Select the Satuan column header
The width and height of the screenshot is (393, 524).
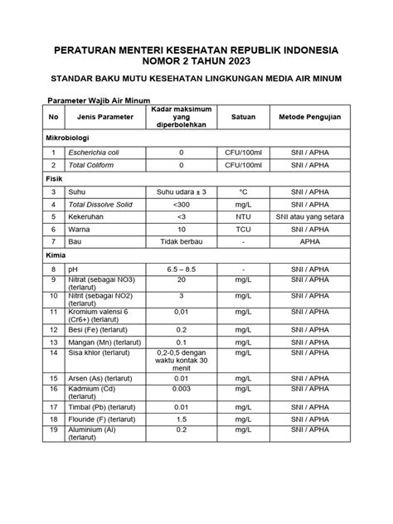pyautogui.click(x=244, y=117)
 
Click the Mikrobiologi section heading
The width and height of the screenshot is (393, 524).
pyautogui.click(x=69, y=137)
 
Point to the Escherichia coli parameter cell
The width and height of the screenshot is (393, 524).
pyautogui.click(x=94, y=153)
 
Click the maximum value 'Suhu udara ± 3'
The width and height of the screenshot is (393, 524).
pyautogui.click(x=181, y=192)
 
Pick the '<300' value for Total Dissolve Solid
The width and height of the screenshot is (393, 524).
pyautogui.click(x=181, y=204)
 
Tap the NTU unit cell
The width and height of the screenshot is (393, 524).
pyautogui.click(x=244, y=216)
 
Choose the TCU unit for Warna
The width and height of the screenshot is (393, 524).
pyautogui.click(x=244, y=229)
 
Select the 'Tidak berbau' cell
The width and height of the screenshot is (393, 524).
pyautogui.click(x=181, y=241)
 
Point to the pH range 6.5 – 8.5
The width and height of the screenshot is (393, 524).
pyautogui.click(x=181, y=270)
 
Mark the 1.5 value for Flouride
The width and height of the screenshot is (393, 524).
pyautogui.click(x=181, y=420)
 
